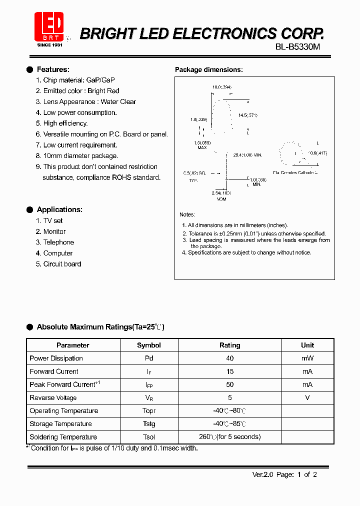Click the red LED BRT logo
(49, 27)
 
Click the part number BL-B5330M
(297, 47)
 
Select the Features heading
(53, 69)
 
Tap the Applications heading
(59, 209)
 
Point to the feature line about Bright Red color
(81, 91)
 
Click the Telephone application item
(58, 242)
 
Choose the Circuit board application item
(61, 264)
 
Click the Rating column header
(229, 345)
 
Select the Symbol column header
(149, 345)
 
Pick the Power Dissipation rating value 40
(229, 358)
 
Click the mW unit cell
(307, 358)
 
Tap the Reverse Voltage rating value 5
(229, 398)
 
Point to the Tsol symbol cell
(149, 437)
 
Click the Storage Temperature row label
(60, 424)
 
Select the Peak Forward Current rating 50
(229, 384)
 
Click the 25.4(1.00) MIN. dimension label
(247, 155)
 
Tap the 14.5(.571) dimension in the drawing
(247, 115)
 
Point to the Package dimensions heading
(208, 70)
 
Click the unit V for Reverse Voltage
(307, 398)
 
